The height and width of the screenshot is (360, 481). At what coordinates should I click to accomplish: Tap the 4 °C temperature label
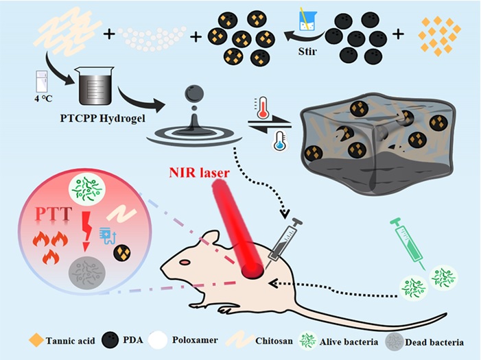40,99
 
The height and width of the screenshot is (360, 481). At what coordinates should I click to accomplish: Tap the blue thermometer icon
279,142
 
